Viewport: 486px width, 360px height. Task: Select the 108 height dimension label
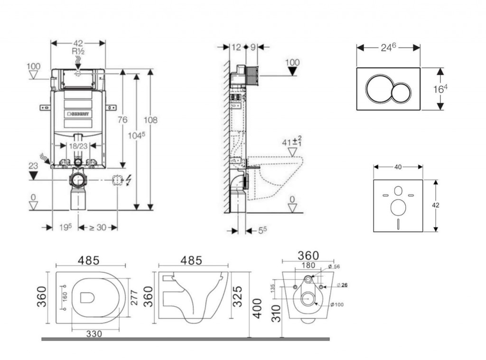151,120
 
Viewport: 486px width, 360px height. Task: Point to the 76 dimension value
122,120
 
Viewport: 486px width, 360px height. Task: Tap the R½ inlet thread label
78,51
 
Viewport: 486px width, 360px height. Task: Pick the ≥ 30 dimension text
98,227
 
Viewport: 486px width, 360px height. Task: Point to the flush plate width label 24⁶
389,47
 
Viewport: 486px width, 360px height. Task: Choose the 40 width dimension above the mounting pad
398,167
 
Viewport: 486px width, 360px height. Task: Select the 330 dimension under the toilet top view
94,334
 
